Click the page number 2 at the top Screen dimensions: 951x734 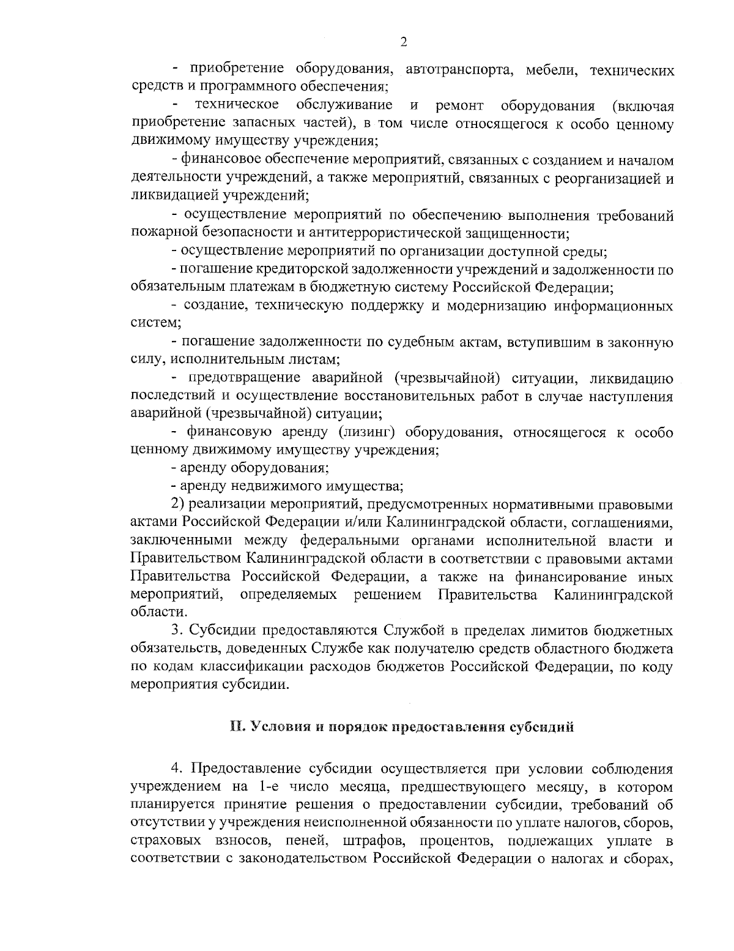pos(403,42)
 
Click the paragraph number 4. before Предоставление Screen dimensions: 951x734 pos(177,768)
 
